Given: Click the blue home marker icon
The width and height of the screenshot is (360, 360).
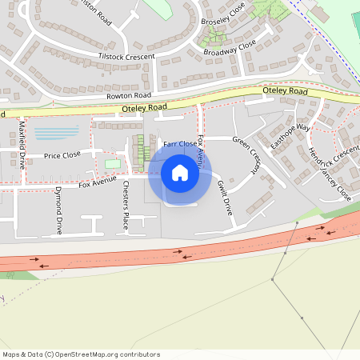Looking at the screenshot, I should point(180,173).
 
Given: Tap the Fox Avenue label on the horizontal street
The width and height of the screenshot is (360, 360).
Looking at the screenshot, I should point(98,183).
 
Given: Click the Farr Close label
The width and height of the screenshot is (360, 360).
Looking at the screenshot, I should point(180,145).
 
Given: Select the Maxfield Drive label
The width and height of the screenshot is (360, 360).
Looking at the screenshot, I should point(22,144).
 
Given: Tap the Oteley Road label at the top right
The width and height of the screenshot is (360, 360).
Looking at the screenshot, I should point(286,92).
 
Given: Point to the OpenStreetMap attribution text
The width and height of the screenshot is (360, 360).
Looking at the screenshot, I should point(81,354).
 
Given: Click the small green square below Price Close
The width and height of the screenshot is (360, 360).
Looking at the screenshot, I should point(113,164).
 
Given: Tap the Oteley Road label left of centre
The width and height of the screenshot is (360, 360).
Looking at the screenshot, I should point(145,106).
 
